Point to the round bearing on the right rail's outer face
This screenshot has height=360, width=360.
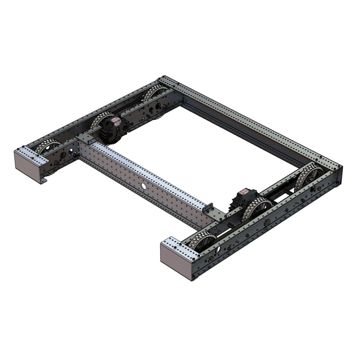[266, 223]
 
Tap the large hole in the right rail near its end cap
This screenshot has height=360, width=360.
[220, 249]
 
